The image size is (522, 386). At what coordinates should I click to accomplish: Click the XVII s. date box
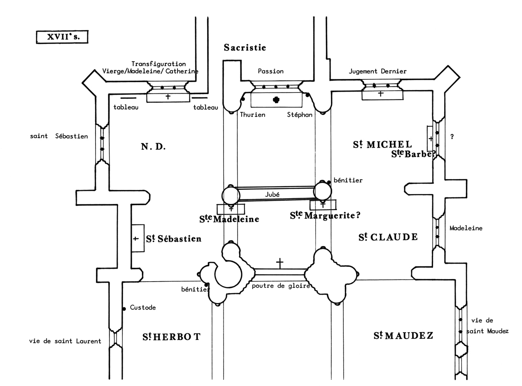pyautogui.click(x=62, y=37)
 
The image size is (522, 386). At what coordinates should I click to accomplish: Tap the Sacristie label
pyautogui.click(x=245, y=48)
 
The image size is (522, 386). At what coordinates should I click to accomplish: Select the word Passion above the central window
pyautogui.click(x=270, y=71)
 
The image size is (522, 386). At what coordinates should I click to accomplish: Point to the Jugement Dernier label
pyautogui.click(x=378, y=71)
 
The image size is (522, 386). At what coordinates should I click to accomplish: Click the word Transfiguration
pyautogui.click(x=158, y=64)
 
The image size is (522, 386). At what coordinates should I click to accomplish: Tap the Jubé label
pyautogui.click(x=273, y=194)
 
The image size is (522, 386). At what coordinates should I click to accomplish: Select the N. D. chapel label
pyautogui.click(x=153, y=147)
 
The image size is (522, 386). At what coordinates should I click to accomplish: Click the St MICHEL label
pyautogui.click(x=382, y=145)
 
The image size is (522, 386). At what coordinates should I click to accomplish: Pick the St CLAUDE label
pyautogui.click(x=388, y=237)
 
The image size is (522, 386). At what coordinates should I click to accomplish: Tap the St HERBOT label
pyautogui.click(x=171, y=337)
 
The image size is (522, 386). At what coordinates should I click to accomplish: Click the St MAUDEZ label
pyautogui.click(x=403, y=336)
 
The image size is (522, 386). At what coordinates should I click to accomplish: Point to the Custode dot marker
pyautogui.click(x=124, y=309)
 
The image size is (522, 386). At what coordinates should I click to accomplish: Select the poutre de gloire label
pyautogui.click(x=281, y=286)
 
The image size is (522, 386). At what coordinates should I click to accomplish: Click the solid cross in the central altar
pyautogui.click(x=276, y=99)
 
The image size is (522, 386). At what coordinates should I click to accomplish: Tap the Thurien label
pyautogui.click(x=252, y=115)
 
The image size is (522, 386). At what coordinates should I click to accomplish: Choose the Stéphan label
pyautogui.click(x=300, y=115)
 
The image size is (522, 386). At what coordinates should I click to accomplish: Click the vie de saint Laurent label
pyautogui.click(x=65, y=341)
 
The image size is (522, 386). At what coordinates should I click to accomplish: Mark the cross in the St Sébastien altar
pyautogui.click(x=136, y=238)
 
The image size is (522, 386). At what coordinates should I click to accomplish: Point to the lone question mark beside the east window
pyautogui.click(x=452, y=137)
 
